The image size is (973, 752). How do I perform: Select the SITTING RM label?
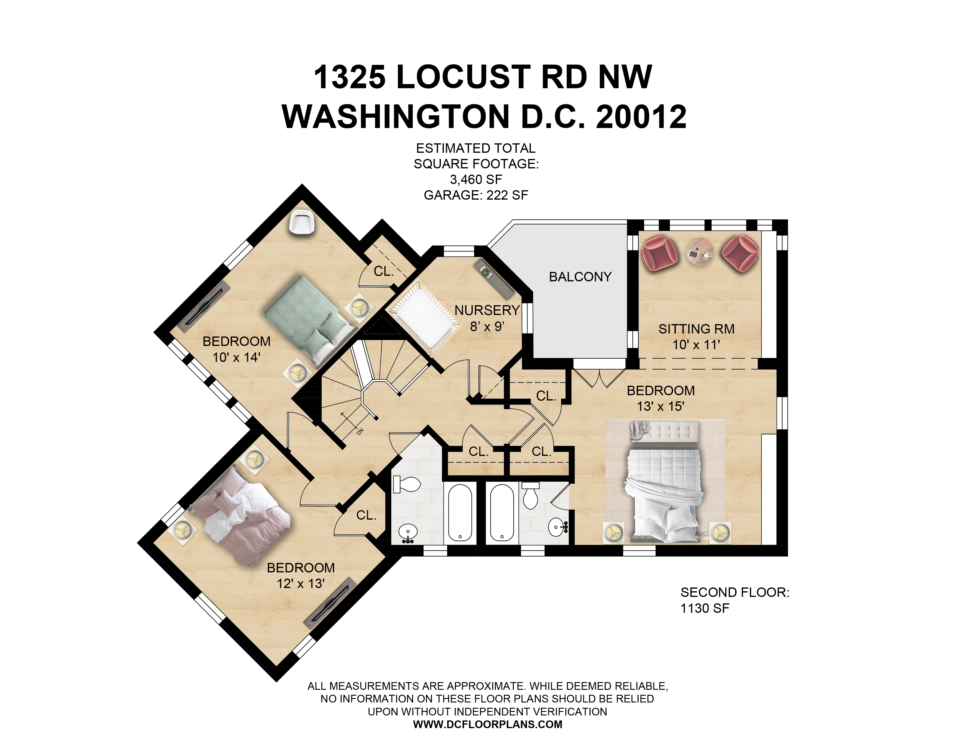[696, 329]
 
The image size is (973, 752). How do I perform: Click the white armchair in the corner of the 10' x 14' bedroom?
[302, 222]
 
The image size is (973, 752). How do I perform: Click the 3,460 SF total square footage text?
[476, 180]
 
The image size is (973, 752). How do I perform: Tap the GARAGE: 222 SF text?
[476, 195]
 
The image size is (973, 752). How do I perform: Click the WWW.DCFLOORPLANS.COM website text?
[487, 724]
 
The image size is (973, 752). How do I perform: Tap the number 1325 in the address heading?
[350, 77]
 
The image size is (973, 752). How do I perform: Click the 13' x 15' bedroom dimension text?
[660, 406]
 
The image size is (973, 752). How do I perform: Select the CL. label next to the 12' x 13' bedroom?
[366, 515]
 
